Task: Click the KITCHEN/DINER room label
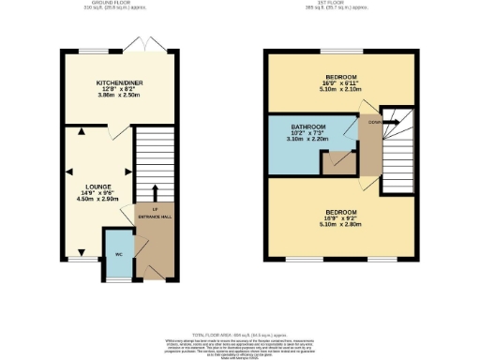[x=119, y=82]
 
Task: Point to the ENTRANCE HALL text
[x=155, y=217]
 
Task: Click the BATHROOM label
[x=307, y=127]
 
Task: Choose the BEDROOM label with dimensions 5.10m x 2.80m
[x=339, y=212]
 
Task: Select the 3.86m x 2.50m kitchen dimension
[x=119, y=96]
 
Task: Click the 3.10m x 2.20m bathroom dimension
[x=307, y=139]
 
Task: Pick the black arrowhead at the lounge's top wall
[x=82, y=132]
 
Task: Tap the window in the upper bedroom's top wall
[x=339, y=51]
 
